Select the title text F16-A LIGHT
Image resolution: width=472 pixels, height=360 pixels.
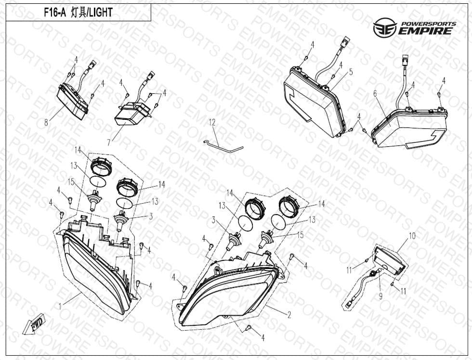pyautogui.click(x=78, y=13)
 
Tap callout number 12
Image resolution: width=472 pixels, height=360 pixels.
pyautogui.click(x=212, y=122)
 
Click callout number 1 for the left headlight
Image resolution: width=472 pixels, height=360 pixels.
pyautogui.click(x=60, y=307)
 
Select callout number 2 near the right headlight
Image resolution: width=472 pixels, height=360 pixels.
pyautogui.click(x=289, y=315)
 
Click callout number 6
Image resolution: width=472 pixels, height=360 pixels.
pyautogui.click(x=375, y=94)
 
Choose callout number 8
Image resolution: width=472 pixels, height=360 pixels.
pyautogui.click(x=46, y=122)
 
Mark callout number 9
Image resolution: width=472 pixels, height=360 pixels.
pyautogui.click(x=380, y=296)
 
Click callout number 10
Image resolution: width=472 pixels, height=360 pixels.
pyautogui.click(x=412, y=236)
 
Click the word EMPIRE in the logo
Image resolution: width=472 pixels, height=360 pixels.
pyautogui.click(x=425, y=31)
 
